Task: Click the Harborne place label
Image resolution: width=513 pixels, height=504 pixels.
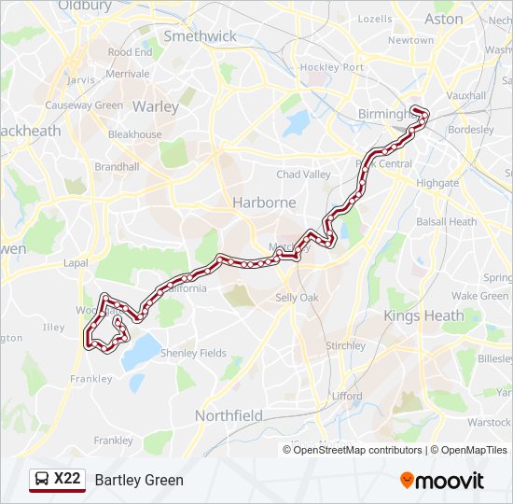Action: point(264,203)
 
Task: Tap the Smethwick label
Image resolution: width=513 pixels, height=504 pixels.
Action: point(200,36)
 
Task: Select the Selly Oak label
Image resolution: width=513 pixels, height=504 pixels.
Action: point(297,298)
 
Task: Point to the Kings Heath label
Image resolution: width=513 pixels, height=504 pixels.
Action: point(423,316)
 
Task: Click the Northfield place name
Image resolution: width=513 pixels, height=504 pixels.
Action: point(229,415)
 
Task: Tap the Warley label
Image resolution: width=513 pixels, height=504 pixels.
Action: point(155,106)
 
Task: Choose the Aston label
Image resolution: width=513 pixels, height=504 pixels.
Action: point(443,19)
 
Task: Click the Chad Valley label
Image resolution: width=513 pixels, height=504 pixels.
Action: point(303,175)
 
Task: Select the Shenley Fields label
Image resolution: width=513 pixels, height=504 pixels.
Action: point(193,353)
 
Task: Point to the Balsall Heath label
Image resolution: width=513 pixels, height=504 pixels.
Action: point(446,222)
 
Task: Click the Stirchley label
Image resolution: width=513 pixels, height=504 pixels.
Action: point(345,345)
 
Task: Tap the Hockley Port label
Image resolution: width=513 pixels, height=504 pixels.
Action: point(332,67)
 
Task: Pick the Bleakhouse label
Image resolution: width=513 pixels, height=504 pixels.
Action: point(134,134)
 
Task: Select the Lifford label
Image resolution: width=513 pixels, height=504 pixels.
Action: point(346,396)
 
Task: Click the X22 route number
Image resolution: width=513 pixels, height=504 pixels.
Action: point(66,480)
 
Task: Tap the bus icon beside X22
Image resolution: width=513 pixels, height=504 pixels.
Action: point(41,480)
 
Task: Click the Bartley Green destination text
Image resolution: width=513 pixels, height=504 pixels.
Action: point(139,481)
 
